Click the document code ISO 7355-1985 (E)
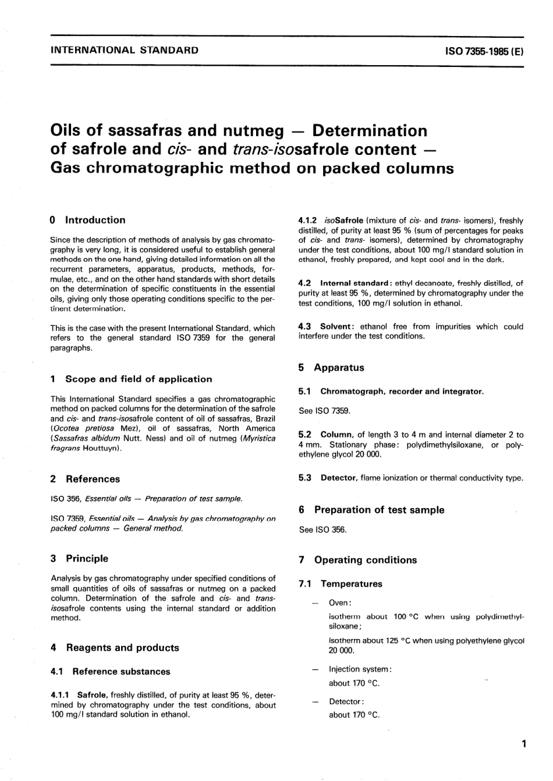(x=484, y=51)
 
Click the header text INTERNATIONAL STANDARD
(x=125, y=50)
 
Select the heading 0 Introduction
(x=88, y=220)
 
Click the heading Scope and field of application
(x=139, y=379)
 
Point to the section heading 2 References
(x=86, y=479)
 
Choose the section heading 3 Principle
(x=80, y=558)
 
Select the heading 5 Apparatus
(x=332, y=367)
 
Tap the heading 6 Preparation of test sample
(x=371, y=510)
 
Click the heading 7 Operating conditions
(x=358, y=560)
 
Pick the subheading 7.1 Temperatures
(x=341, y=584)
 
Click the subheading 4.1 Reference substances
(x=111, y=671)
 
